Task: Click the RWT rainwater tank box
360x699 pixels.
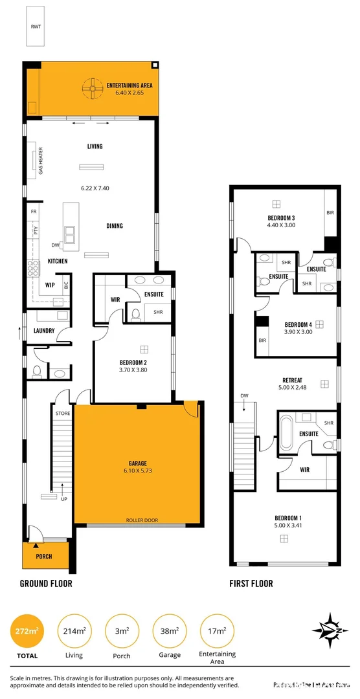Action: point(36,28)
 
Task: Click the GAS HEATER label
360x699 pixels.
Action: point(41,161)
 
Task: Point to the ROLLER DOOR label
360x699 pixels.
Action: point(142,520)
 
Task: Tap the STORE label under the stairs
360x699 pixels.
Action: point(63,413)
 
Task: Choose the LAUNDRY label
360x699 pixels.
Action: point(44,331)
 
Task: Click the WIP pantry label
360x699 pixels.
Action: point(49,284)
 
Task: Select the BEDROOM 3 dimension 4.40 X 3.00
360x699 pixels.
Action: point(281,225)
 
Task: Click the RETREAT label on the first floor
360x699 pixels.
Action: point(293,380)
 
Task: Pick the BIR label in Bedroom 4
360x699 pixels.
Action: point(262,340)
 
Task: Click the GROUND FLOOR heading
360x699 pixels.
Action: point(46,583)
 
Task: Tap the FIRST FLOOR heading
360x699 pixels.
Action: point(251,583)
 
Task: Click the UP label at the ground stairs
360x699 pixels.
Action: point(63,500)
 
